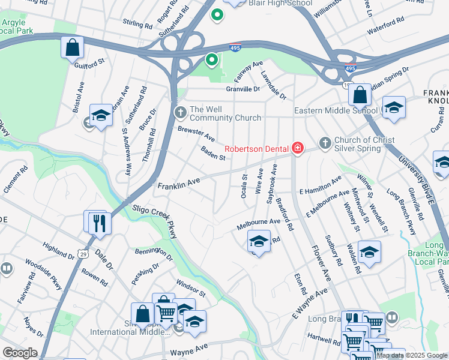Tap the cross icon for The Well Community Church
click(x=180, y=112)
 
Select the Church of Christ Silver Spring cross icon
click(x=325, y=143)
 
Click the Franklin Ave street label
click(x=178, y=187)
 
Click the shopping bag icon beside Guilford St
click(x=72, y=48)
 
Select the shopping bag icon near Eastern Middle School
click(x=359, y=95)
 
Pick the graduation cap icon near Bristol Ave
click(x=101, y=115)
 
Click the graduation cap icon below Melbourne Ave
click(x=258, y=242)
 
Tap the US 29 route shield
click(x=80, y=255)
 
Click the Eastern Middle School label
click(x=336, y=111)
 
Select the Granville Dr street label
click(x=243, y=89)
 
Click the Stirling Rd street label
click(x=137, y=25)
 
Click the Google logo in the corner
click(x=20, y=353)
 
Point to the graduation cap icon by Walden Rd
click(x=369, y=252)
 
